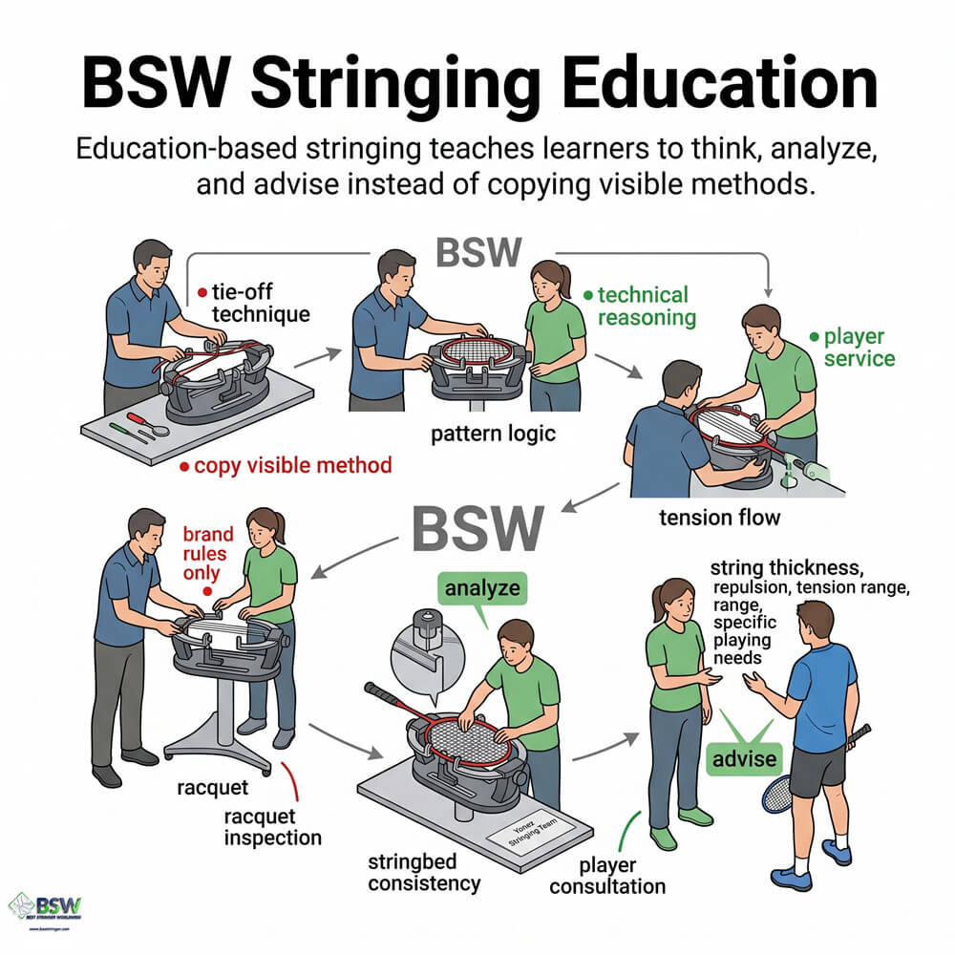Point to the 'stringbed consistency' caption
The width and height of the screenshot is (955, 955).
[x=423, y=872]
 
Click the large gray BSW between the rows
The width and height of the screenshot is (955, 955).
[x=478, y=528]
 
